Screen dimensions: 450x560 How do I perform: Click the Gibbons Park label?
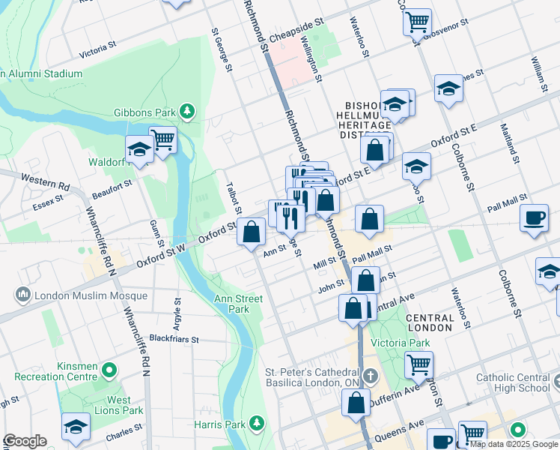(144, 112)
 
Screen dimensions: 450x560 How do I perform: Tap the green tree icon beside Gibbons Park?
(186, 112)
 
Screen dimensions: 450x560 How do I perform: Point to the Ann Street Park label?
(238, 304)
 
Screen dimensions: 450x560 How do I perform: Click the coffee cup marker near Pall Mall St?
(534, 218)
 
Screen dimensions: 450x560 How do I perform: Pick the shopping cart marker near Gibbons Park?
(162, 138)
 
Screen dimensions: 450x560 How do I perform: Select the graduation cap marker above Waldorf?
(139, 149)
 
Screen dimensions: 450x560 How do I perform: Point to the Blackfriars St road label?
(174, 339)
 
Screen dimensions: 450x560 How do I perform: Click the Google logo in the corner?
(25, 441)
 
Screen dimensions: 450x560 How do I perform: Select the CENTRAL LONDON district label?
(429, 322)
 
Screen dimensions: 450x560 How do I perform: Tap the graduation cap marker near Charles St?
(76, 427)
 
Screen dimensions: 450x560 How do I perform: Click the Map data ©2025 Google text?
(514, 444)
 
